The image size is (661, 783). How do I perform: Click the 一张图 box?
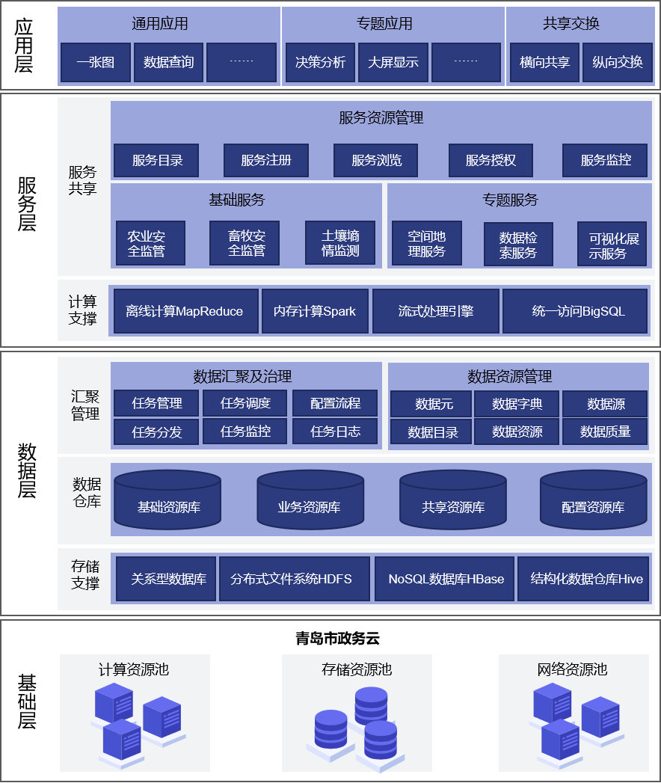tap(96, 62)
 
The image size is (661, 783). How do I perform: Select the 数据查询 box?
tap(168, 62)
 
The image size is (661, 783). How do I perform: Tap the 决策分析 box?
tap(320, 62)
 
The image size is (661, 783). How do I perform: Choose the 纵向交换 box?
tap(617, 62)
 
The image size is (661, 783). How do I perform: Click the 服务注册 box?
tap(266, 160)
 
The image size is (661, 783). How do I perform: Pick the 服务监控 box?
tap(606, 160)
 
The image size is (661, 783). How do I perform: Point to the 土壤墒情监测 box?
tap(340, 243)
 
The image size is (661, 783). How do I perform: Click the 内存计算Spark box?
tap(315, 311)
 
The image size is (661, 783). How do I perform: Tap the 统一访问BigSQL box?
tap(576, 311)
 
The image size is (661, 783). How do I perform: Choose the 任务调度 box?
tap(245, 404)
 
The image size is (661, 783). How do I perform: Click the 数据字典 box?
tap(517, 405)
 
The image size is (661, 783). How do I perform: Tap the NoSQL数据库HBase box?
tap(446, 579)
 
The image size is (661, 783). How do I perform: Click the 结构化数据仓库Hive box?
tap(586, 579)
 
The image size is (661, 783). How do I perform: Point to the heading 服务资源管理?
tap(381, 117)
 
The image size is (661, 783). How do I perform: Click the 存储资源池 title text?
tap(357, 669)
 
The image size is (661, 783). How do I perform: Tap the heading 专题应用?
tap(384, 24)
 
